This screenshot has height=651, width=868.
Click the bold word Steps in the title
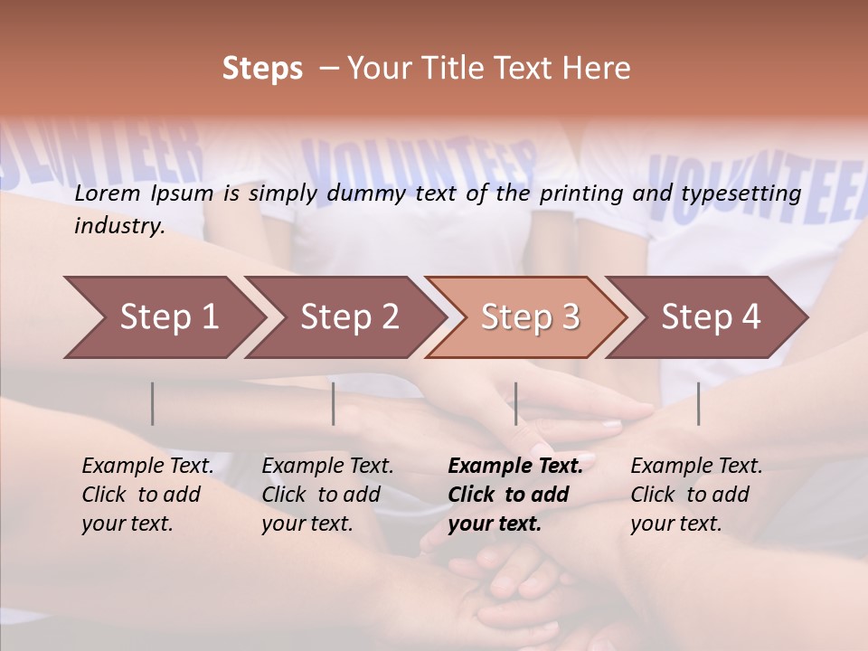(x=262, y=69)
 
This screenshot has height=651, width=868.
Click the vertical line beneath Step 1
(x=153, y=403)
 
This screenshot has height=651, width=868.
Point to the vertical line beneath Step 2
(x=334, y=403)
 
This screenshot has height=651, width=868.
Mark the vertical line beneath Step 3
(x=515, y=403)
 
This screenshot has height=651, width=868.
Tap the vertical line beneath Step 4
(x=698, y=403)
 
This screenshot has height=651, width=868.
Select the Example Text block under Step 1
(x=147, y=495)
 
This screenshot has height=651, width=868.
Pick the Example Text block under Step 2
(x=327, y=495)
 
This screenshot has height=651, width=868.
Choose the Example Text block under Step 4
(x=696, y=495)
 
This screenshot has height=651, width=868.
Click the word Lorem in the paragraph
(x=108, y=193)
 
